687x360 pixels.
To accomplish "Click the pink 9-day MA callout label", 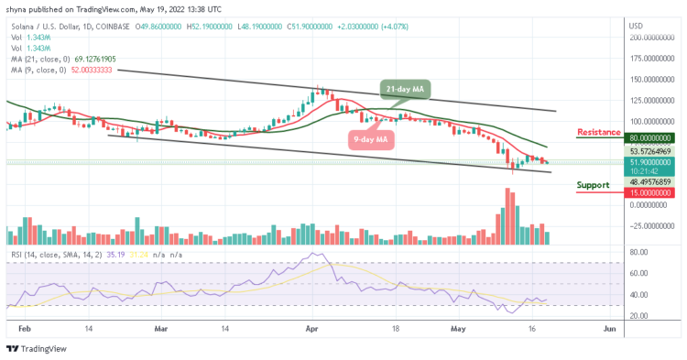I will [370, 140].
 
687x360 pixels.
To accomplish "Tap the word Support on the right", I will [594, 185].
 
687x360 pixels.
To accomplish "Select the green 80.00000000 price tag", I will [652, 138].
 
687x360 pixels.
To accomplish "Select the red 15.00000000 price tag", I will [651, 192].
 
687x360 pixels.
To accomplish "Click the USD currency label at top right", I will [637, 25].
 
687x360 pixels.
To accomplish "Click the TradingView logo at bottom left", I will [34, 348].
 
